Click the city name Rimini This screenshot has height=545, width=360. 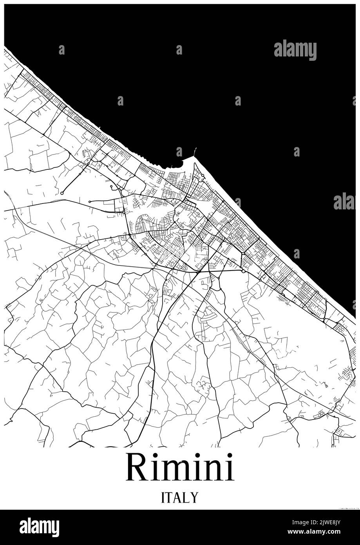[x=180, y=468]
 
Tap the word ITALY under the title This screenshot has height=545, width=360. [x=180, y=498]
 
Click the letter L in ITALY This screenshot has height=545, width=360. [x=187, y=498]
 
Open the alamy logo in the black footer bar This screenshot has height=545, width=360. [x=39, y=527]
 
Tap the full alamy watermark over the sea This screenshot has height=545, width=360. [x=295, y=50]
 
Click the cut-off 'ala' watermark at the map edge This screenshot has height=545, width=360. [x=344, y=201]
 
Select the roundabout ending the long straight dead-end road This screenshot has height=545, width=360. [x=62, y=193]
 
